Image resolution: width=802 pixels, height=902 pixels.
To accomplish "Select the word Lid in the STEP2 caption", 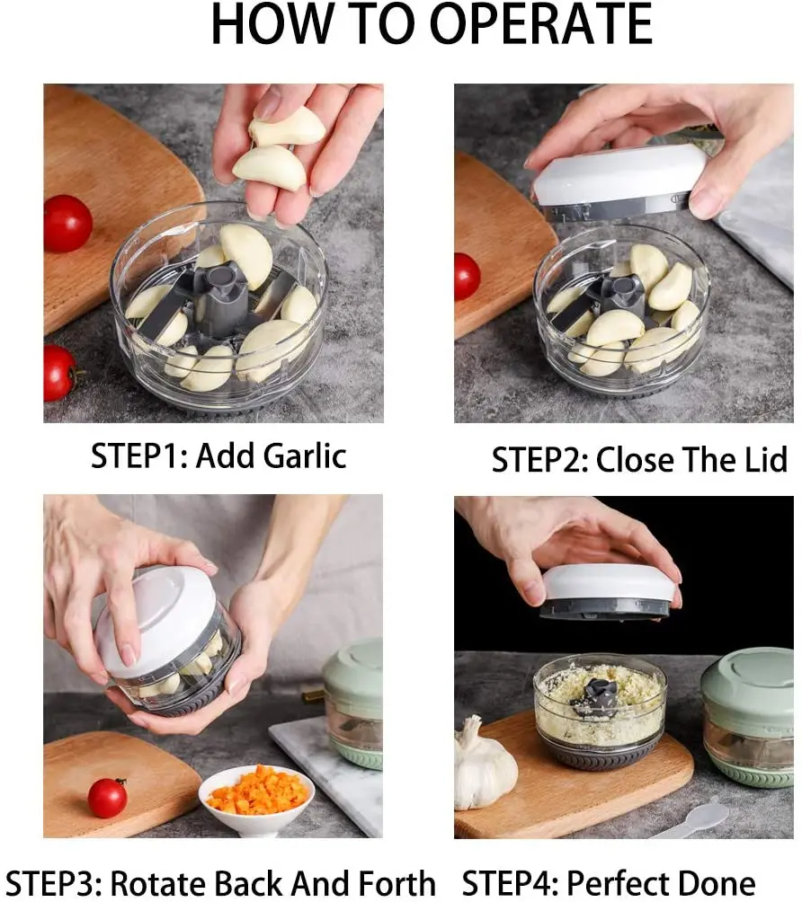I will pyautogui.click(x=763, y=460).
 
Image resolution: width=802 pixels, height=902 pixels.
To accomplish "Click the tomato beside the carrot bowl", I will pyautogui.click(x=107, y=798).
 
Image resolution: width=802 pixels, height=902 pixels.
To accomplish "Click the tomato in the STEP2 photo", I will pyautogui.click(x=467, y=276).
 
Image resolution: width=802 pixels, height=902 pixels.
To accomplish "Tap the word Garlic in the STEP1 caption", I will pyautogui.click(x=306, y=456).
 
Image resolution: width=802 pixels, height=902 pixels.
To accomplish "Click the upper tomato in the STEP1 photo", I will pyautogui.click(x=68, y=223).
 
